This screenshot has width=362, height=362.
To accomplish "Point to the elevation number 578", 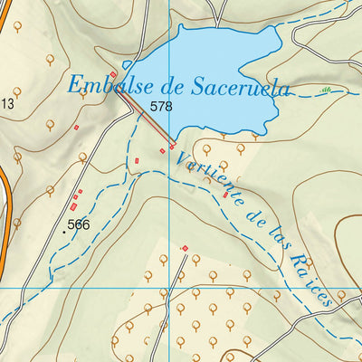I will pyautogui.click(x=162, y=107).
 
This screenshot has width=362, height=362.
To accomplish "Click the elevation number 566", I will pyautogui.click(x=79, y=224).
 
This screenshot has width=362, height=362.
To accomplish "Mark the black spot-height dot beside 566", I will pyautogui.click(x=63, y=231).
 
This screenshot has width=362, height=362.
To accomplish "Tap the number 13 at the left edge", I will pyautogui.click(x=7, y=103).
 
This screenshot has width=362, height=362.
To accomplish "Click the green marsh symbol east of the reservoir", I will pyautogui.click(x=325, y=90).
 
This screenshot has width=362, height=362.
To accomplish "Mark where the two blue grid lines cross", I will pyautogui.click(x=170, y=287).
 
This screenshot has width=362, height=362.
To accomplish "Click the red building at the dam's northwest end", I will pyautogui.click(x=113, y=73).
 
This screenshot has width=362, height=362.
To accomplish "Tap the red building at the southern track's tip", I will pyautogui.click(x=185, y=248).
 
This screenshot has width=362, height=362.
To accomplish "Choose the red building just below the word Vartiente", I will pyautogui.click(x=225, y=195).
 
